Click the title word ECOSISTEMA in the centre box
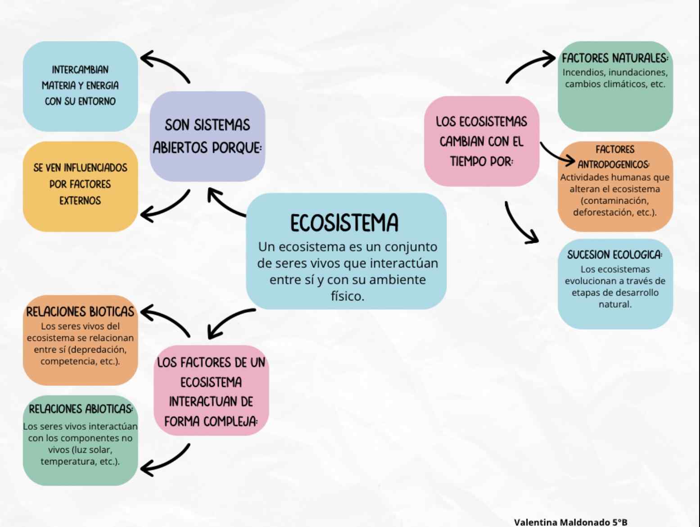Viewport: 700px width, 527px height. (x=344, y=223)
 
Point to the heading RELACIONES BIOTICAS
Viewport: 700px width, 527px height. (x=80, y=312)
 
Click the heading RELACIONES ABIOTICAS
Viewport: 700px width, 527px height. (x=81, y=409)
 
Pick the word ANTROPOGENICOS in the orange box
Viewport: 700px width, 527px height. (x=614, y=164)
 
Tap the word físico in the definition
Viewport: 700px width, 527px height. (x=347, y=296)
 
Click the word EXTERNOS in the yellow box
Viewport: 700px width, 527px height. (x=80, y=200)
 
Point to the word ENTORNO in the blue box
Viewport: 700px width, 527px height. (x=97, y=101)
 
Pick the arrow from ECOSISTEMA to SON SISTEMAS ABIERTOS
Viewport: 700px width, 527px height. (x=225, y=204)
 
